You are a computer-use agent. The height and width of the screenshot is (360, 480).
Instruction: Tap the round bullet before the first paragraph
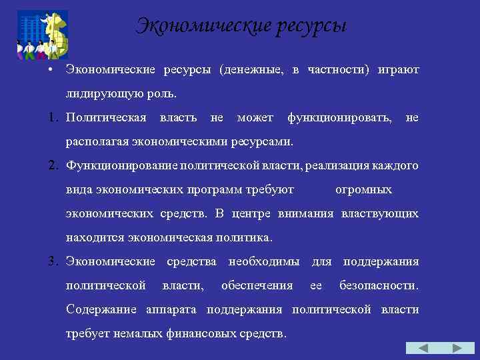pos(50,69)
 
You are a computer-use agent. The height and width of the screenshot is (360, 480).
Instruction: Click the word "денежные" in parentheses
pos(255,70)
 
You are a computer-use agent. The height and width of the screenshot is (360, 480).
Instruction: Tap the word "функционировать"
pos(339,118)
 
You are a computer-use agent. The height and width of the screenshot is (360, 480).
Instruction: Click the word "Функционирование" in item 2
pos(118,166)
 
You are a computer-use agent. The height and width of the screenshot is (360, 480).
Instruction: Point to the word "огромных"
pos(363,190)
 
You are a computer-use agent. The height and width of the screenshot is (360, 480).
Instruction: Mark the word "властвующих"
pos(380,214)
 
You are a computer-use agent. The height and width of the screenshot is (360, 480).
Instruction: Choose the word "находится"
pos(94,238)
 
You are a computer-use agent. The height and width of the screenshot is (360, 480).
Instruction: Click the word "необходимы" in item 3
pos(263,262)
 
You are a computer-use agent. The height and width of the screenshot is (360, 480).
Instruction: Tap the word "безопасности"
pos(379,286)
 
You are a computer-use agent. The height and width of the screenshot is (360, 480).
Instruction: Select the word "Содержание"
pos(98,310)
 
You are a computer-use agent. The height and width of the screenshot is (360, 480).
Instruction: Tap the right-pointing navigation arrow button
pos(458,348)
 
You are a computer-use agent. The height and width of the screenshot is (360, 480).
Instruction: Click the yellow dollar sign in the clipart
pos(55,33)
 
